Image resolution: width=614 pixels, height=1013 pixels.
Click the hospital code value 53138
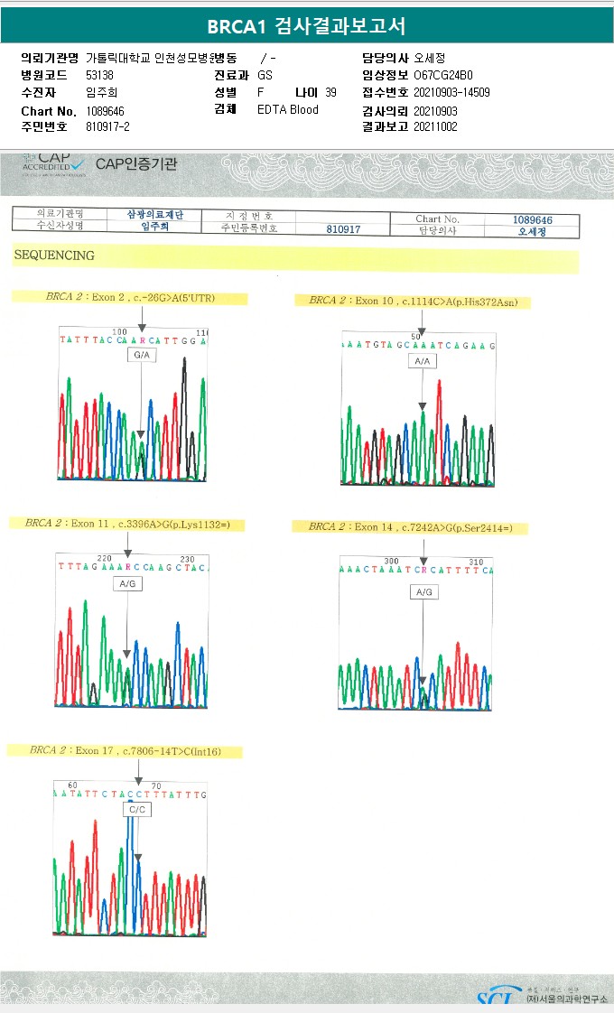99,75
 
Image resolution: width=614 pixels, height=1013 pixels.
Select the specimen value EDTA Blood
287,110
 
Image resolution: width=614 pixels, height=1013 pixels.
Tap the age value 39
330,92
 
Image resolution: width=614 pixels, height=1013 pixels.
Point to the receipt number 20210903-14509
451,92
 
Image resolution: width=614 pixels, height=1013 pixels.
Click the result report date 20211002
435,127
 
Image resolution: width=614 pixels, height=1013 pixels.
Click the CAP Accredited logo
54,163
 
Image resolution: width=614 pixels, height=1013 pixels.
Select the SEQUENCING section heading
54,256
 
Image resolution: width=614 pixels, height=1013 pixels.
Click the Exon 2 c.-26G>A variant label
130,297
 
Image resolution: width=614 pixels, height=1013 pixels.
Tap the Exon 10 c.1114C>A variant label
414,301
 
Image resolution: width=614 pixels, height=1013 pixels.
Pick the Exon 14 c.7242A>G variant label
410,527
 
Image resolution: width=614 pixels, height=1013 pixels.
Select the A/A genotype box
422,361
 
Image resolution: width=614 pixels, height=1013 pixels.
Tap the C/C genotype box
137,810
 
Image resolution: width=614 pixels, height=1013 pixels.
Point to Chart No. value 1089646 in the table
533,219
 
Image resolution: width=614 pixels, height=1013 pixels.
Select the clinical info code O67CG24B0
442,75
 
